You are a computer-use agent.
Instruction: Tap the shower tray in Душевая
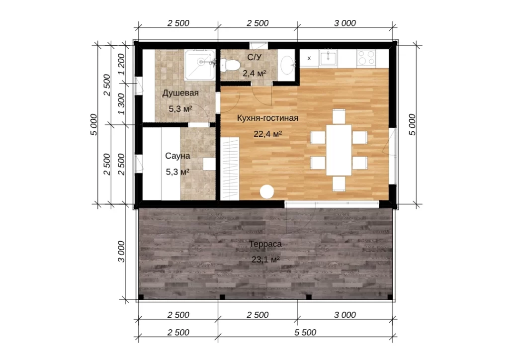200,65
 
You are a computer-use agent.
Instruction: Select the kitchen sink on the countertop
328,58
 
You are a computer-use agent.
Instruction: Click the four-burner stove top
366,58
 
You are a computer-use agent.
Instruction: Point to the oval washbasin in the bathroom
287,65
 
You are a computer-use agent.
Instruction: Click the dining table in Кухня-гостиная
339,150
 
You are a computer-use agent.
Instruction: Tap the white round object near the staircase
267,191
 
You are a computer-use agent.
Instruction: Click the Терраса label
265,244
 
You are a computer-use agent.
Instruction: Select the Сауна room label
177,156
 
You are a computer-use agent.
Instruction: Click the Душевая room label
180,93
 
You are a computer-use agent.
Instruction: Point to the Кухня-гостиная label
267,118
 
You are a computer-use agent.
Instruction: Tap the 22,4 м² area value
267,134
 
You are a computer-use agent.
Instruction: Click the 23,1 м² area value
265,260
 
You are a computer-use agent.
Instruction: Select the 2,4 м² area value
254,74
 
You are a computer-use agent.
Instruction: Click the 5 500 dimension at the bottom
305,333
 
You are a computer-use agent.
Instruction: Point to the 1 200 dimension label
121,64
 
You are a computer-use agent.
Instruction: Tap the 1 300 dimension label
121,103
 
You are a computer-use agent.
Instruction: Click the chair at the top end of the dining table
339,116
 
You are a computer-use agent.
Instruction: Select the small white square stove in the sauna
209,164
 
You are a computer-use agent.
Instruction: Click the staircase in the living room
230,169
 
